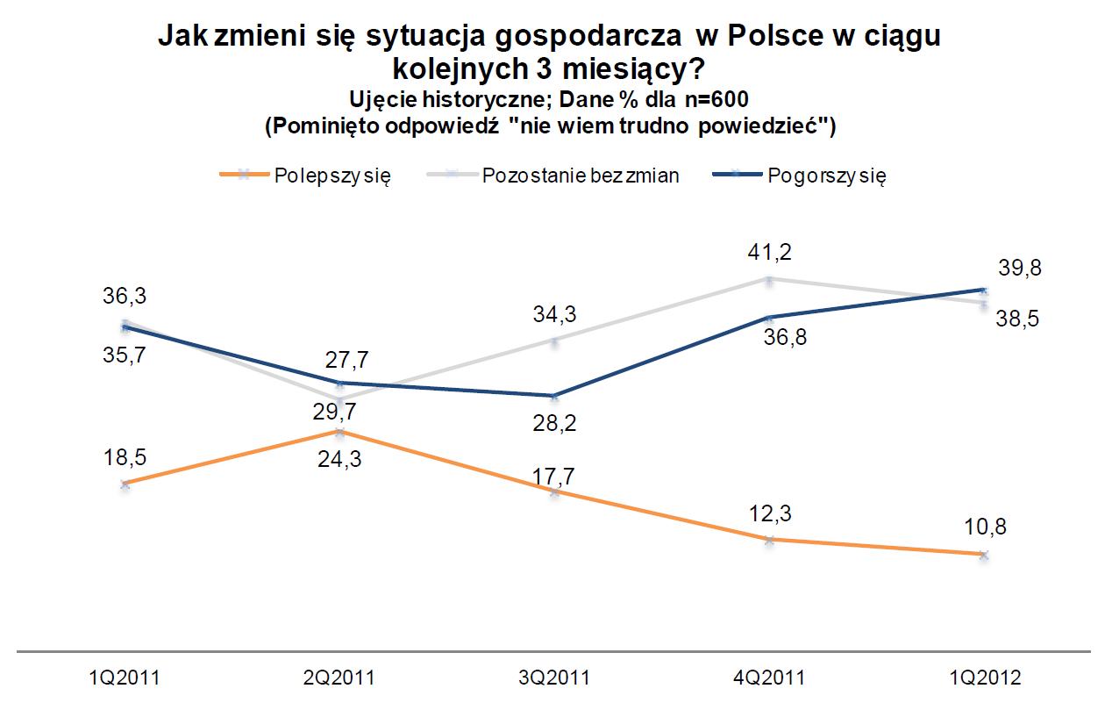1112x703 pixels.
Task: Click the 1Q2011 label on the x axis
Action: pyautogui.click(x=125, y=678)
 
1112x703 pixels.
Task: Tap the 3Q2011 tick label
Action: pyautogui.click(x=554, y=678)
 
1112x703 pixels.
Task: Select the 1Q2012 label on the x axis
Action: pyautogui.click(x=984, y=678)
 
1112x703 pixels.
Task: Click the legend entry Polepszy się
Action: pyautogui.click(x=332, y=175)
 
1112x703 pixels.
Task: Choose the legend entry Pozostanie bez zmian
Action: pyautogui.click(x=581, y=175)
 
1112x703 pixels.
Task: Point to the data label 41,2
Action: pyautogui.click(x=768, y=253)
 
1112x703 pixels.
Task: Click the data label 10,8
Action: pyautogui.click(x=984, y=529)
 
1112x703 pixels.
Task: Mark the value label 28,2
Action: pyautogui.click(x=554, y=422)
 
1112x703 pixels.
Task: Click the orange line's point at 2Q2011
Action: pyautogui.click(x=340, y=432)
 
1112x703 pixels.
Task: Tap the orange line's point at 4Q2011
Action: pyautogui.click(x=769, y=540)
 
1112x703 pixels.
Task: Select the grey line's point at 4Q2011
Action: pyautogui.click(x=769, y=280)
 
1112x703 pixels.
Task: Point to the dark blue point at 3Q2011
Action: pyautogui.click(x=554, y=396)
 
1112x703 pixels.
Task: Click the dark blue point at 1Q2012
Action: pyautogui.click(x=984, y=289)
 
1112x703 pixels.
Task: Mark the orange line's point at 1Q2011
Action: pyautogui.click(x=125, y=484)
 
